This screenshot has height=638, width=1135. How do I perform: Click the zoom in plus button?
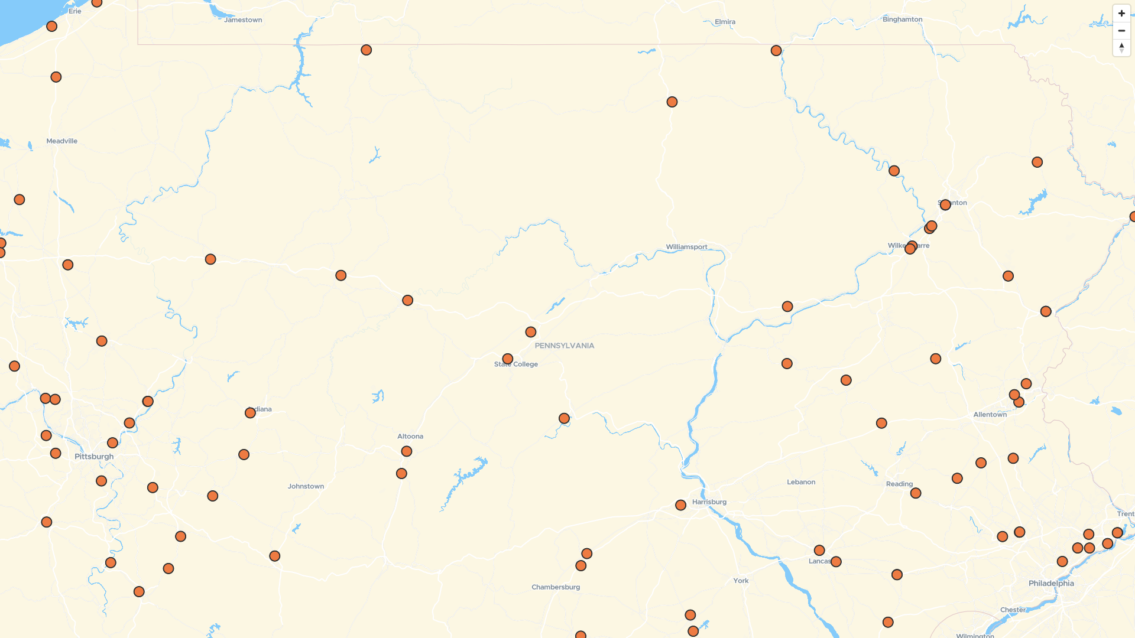(x=1121, y=14)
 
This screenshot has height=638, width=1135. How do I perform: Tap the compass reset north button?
(x=1121, y=47)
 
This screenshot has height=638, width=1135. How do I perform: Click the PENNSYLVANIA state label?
(x=565, y=346)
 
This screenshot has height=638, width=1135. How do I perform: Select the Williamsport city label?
(x=686, y=247)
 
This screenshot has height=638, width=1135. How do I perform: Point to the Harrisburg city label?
(x=709, y=502)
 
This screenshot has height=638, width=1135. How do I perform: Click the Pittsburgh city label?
(x=94, y=457)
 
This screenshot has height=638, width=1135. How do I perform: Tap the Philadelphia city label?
(x=1051, y=584)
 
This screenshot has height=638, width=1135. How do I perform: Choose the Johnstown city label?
(x=306, y=487)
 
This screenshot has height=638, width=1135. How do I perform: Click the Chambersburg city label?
(x=556, y=587)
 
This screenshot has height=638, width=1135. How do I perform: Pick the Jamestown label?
(x=243, y=20)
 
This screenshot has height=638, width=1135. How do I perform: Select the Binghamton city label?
(x=902, y=19)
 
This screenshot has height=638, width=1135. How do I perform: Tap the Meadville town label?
(x=62, y=141)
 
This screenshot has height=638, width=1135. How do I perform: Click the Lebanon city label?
(x=801, y=482)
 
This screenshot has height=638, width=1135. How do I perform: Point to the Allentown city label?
(x=990, y=415)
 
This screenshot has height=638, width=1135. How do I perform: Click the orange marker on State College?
(x=508, y=359)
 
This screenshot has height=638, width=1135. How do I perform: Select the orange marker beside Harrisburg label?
(x=681, y=505)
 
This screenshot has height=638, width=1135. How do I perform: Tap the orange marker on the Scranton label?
(x=945, y=205)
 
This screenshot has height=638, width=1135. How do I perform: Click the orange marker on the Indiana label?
(x=250, y=413)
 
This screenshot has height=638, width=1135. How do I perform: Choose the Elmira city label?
(x=725, y=22)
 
